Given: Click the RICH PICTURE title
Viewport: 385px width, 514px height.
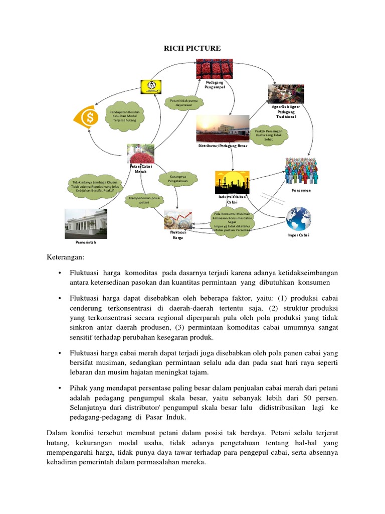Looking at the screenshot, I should pos(192,48).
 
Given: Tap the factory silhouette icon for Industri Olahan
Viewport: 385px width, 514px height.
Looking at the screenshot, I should pos(232,182).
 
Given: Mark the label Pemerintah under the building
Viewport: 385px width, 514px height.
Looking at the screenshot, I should pos(86,242).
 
